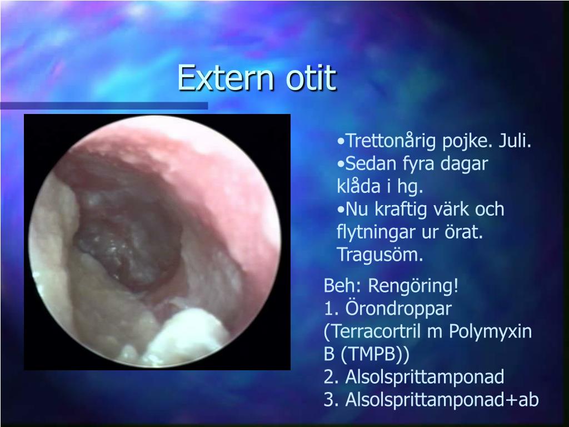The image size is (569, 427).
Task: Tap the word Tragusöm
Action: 380,255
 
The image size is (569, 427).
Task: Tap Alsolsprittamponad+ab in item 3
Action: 442,400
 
